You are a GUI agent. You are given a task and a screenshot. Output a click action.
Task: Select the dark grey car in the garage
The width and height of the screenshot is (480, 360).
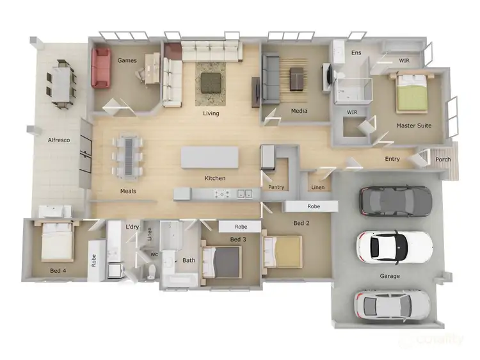tap(395, 200)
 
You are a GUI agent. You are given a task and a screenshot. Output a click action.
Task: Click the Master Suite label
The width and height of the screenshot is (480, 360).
tap(415, 126)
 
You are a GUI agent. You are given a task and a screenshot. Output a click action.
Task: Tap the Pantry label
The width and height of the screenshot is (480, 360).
tap(276, 187)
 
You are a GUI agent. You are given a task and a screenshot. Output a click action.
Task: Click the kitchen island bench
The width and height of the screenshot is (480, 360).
tap(211, 158)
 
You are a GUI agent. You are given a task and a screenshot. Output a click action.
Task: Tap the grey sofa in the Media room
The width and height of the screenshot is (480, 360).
tap(271, 78)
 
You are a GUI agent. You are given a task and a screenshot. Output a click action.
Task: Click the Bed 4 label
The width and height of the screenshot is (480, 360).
tap(58, 271)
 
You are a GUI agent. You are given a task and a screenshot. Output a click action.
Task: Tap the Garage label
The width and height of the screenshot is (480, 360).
tap(390, 276)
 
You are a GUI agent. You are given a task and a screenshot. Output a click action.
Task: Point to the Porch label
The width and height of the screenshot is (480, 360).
tap(443, 160)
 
